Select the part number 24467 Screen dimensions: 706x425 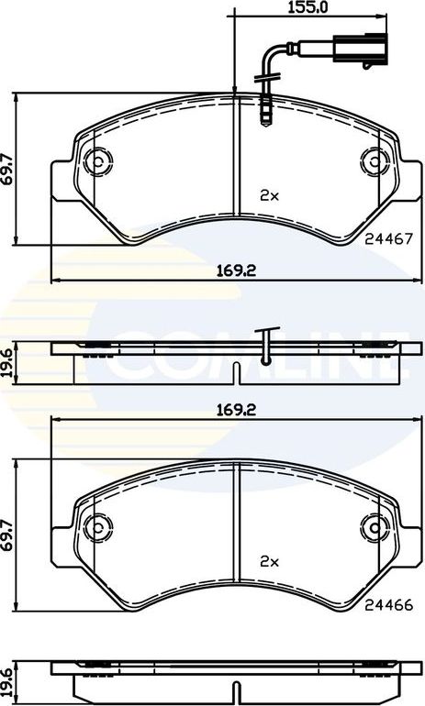386,236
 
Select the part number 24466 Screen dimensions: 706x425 386,604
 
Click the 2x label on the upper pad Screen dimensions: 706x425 268,195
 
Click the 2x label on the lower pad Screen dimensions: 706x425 268,560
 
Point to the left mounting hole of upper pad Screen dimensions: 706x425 96,163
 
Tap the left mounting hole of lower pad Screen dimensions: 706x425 96,527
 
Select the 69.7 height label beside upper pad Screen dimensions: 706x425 8,169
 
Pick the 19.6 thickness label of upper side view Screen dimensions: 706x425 8,360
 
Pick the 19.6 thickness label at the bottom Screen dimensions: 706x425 8,680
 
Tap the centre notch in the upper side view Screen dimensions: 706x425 236,372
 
